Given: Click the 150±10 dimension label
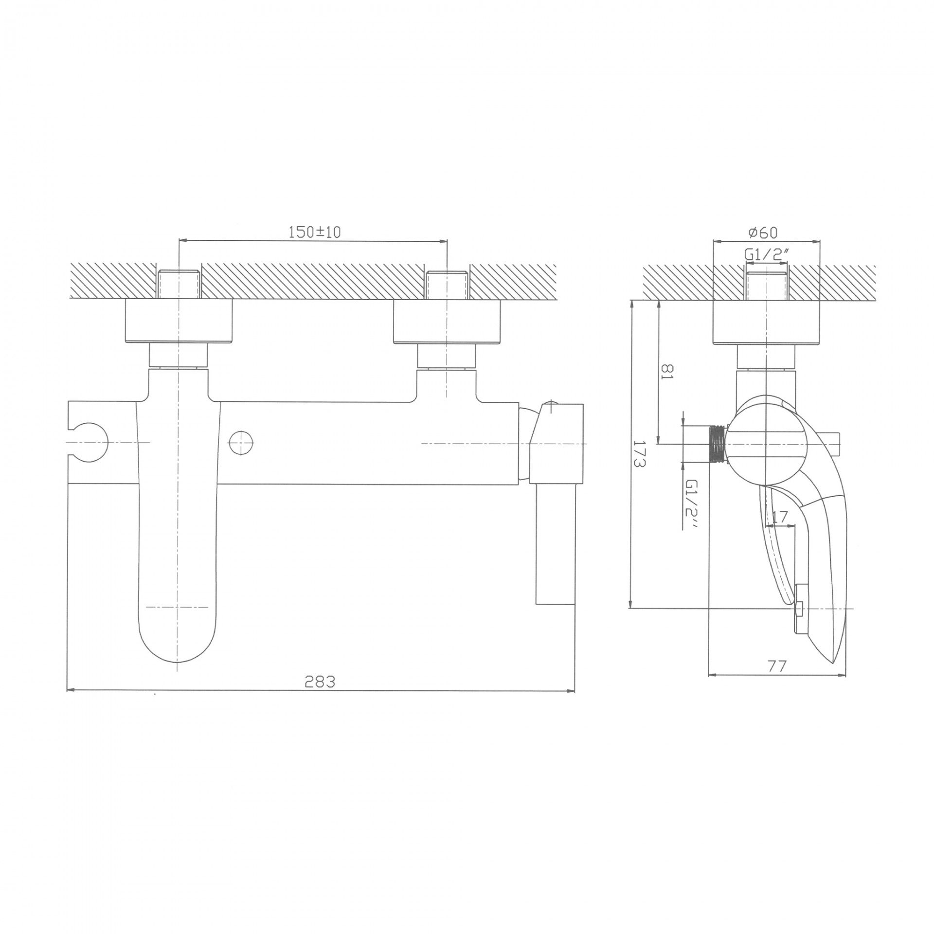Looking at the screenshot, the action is tap(315, 232).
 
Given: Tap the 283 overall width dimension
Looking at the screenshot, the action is tap(320, 682).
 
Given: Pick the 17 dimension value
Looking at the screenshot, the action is tap(779, 518).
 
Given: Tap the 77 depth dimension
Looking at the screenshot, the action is tap(777, 666).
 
